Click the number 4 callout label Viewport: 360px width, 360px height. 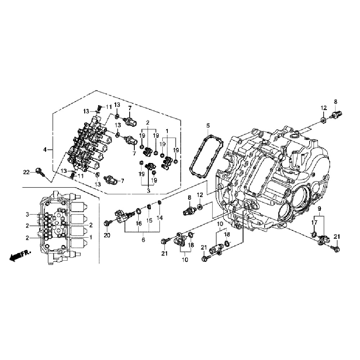coord(45,149)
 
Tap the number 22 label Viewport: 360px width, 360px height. coord(26,172)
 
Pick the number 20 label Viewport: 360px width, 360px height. coord(106,235)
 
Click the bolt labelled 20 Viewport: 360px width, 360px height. coord(108,224)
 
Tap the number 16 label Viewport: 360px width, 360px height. coord(139,224)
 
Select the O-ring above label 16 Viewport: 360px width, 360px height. coord(139,211)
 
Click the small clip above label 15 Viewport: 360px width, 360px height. coord(149,207)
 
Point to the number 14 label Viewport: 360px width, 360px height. coord(159,217)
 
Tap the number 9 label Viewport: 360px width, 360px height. coord(319,209)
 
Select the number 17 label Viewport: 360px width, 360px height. coord(314,223)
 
